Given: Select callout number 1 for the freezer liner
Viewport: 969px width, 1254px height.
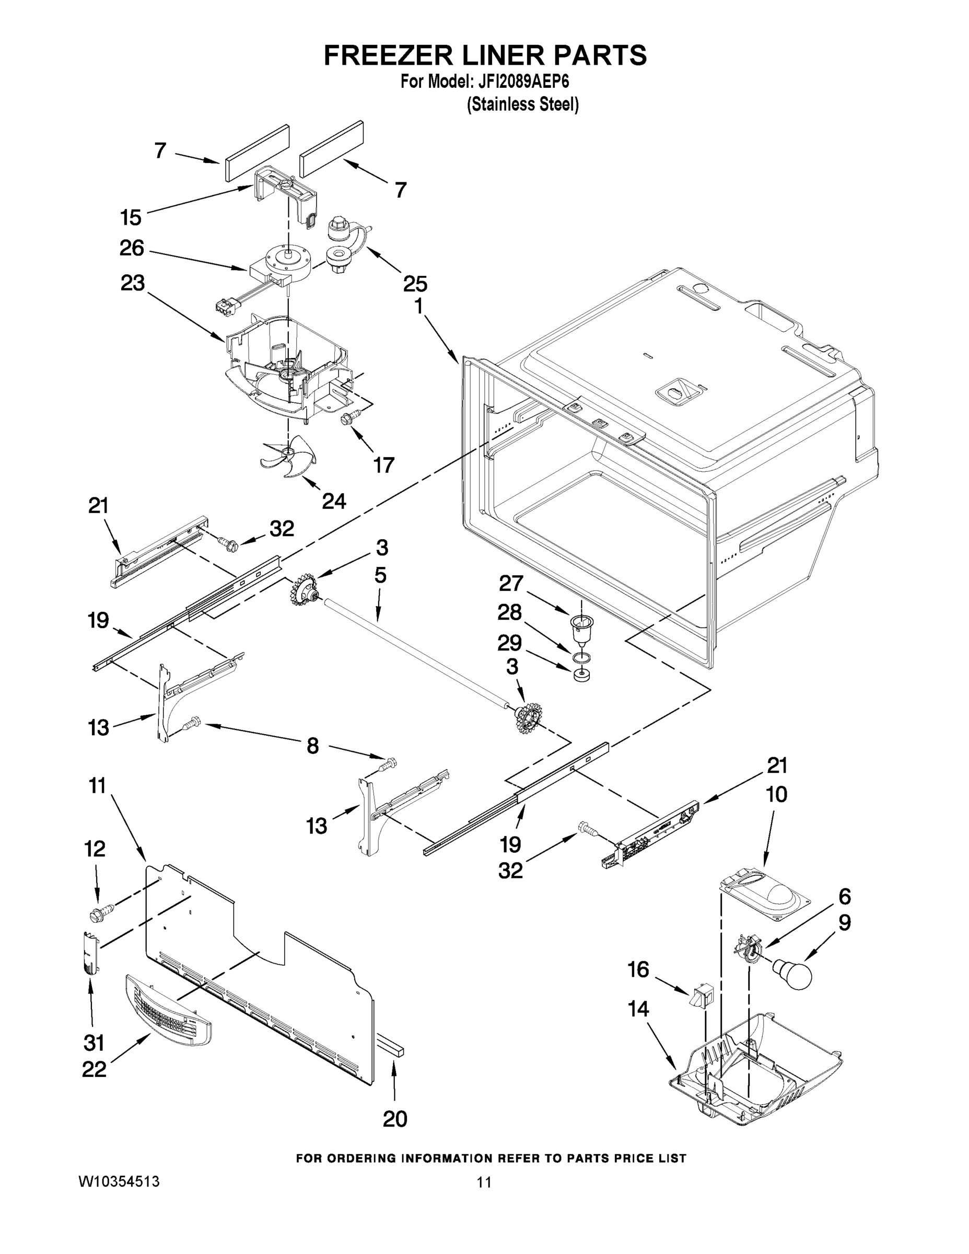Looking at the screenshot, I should click(x=419, y=307).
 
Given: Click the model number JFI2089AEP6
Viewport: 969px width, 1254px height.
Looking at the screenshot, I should click(x=520, y=82).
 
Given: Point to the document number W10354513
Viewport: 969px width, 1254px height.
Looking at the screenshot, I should click(x=119, y=1181).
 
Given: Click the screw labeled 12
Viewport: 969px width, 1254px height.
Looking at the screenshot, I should click(x=100, y=911).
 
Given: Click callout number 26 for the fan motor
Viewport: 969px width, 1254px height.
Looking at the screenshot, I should click(x=132, y=248).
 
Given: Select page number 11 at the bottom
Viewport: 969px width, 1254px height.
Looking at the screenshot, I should click(x=484, y=1182).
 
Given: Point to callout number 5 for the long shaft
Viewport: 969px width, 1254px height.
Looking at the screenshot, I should click(x=380, y=575).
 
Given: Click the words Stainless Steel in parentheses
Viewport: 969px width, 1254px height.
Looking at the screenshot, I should click(x=522, y=105).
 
